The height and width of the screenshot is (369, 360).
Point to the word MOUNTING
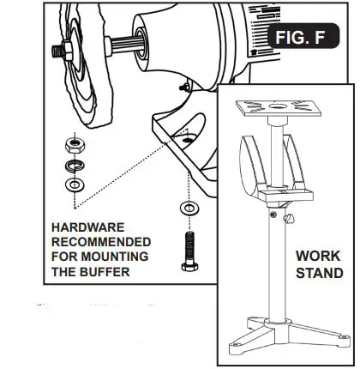(116, 256)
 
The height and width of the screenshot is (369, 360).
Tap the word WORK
(319, 256)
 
